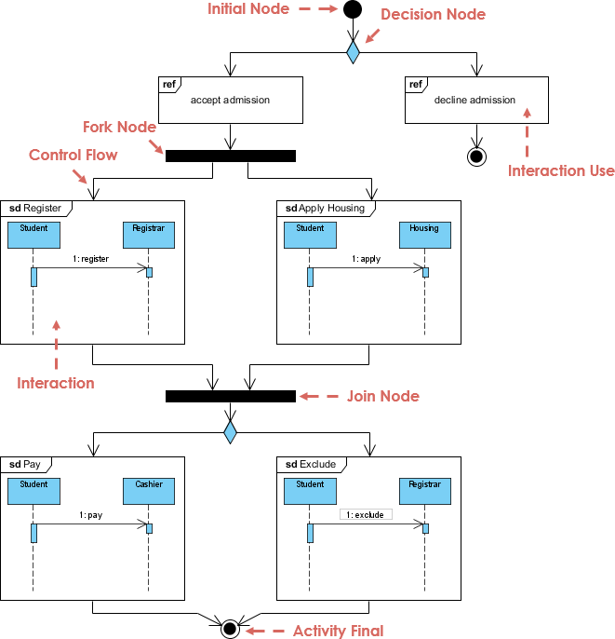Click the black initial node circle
pos(353,10)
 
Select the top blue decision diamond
pos(353,52)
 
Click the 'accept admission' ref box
pos(231,100)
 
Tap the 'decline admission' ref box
pos(475,100)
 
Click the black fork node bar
pos(231,156)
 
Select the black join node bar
pos(231,396)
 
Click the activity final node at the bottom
pos(230,629)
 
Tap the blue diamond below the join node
pos(230,431)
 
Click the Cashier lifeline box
pos(149,489)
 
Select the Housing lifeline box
pos(424,234)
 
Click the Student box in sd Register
pos(33,234)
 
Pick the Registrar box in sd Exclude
pos(424,489)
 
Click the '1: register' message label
pos(90,259)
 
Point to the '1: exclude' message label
pos(366,514)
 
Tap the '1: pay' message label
pos(90,514)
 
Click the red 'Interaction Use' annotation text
pos(561,170)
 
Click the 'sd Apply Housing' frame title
pos(325,209)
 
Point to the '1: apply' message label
pos(366,259)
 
